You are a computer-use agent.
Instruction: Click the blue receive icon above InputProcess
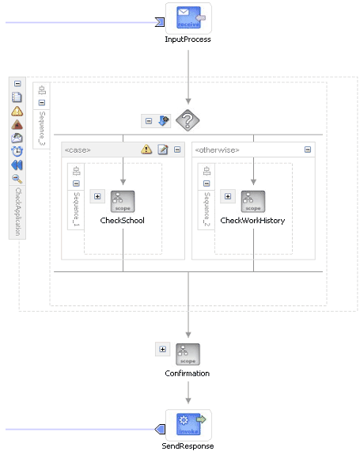[188, 18]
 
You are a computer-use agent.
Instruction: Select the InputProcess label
[188, 40]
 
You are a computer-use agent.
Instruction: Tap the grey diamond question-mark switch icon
[188, 120]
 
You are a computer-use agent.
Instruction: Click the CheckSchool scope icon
[123, 201]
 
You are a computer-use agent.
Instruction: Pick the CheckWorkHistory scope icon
[253, 201]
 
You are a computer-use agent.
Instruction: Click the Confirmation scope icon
[188, 354]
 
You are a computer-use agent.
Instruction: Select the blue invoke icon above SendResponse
[188, 424]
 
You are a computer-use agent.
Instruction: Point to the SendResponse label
[188, 445]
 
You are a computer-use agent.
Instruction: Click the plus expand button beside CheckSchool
[97, 196]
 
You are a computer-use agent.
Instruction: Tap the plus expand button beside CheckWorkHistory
[228, 196]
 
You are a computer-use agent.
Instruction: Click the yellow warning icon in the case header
[146, 150]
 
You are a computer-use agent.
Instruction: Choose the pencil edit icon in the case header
[163, 150]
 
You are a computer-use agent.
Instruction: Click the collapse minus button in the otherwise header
[308, 150]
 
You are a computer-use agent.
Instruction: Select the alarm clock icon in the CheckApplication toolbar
[17, 151]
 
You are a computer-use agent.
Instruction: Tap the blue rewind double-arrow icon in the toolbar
[17, 165]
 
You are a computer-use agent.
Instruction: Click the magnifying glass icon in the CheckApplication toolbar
[17, 179]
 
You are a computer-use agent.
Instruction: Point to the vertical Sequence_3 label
[42, 128]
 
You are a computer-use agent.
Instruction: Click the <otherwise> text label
[217, 150]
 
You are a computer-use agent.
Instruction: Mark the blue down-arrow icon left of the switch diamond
[163, 121]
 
